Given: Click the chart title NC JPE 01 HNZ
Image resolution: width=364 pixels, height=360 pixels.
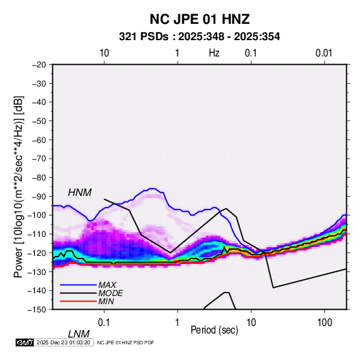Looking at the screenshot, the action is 199,19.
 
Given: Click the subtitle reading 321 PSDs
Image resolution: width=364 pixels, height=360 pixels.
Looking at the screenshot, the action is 144,37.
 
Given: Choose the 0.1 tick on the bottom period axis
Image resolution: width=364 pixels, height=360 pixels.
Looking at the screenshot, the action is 104,323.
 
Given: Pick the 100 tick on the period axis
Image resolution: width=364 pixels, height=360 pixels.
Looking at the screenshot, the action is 325,323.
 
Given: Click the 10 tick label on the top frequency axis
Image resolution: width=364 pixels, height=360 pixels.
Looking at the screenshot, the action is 104,53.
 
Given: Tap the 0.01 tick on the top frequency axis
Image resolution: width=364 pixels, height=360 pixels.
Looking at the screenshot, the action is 324,53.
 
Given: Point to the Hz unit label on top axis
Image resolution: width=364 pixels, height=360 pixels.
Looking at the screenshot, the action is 214,53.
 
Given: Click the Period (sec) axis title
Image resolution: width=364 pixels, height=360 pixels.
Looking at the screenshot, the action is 214,330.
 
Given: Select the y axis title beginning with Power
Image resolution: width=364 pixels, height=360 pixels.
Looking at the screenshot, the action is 18,187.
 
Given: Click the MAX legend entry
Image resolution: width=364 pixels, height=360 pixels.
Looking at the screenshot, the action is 107,285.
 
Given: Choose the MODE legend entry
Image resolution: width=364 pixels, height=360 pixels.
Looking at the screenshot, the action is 110,293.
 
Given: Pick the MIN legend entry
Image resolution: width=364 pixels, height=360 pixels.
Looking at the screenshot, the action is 106,301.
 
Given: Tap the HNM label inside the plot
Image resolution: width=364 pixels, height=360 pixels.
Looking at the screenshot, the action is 80,193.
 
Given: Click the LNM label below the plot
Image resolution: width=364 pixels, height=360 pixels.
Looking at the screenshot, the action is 79,334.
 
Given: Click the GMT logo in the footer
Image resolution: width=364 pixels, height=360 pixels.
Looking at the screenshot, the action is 25,342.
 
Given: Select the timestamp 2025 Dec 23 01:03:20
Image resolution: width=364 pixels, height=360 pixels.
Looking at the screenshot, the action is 63,342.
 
